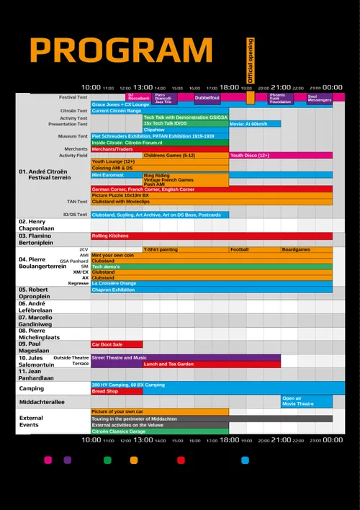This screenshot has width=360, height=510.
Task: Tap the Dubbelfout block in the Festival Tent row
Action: click(x=207, y=97)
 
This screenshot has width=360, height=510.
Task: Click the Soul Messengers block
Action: click(x=320, y=98)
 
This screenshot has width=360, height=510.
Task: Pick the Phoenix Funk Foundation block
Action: click(x=281, y=98)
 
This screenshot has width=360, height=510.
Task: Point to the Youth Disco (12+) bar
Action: click(x=281, y=155)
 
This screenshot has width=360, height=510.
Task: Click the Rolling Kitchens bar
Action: click(x=212, y=236)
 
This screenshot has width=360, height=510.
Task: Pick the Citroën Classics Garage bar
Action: click(x=159, y=431)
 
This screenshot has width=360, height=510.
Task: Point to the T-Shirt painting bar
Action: click(x=186, y=249)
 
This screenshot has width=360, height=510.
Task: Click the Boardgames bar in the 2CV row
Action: click(x=307, y=249)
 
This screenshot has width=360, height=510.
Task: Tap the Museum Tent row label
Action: click(x=73, y=135)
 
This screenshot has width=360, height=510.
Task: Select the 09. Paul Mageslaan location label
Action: click(x=35, y=347)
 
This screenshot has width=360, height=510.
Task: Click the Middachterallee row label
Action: click(x=42, y=401)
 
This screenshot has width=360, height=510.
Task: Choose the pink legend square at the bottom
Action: click(x=48, y=460)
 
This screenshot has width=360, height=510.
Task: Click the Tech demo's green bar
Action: click(x=212, y=267)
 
